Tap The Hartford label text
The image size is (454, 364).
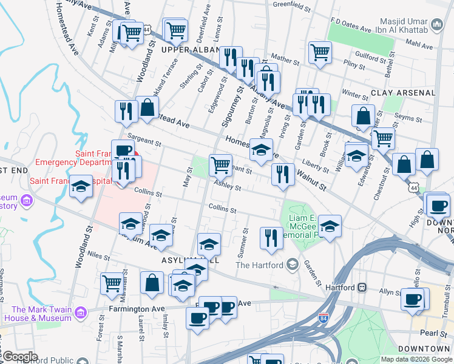click(260, 265)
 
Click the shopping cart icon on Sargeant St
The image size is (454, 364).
click(220, 164)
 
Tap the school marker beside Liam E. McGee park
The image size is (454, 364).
click(330, 226)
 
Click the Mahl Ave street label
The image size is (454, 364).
click(419, 45)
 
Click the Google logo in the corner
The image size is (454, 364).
click(20, 357)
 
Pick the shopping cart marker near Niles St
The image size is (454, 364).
click(112, 283)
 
